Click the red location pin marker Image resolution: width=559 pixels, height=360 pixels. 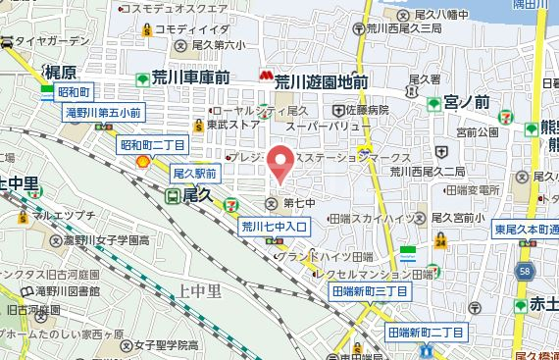point(282,163)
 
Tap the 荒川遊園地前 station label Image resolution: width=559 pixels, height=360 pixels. point(321,82)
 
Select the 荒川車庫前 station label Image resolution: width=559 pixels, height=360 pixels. point(190,77)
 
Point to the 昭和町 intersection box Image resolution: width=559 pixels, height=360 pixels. point(74,92)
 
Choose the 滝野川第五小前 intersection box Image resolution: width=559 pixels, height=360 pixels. point(104,113)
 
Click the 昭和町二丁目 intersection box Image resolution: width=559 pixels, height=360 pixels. point(153,144)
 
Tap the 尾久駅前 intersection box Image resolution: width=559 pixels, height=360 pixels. point(193,173)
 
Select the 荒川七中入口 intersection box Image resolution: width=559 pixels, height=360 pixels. point(275,227)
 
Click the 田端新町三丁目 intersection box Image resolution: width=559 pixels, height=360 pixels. point(370,291)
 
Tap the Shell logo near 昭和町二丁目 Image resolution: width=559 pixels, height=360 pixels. point(143,162)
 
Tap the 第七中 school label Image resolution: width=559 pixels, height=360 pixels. point(296,203)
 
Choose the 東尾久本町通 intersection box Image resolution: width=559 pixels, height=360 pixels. point(526,229)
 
